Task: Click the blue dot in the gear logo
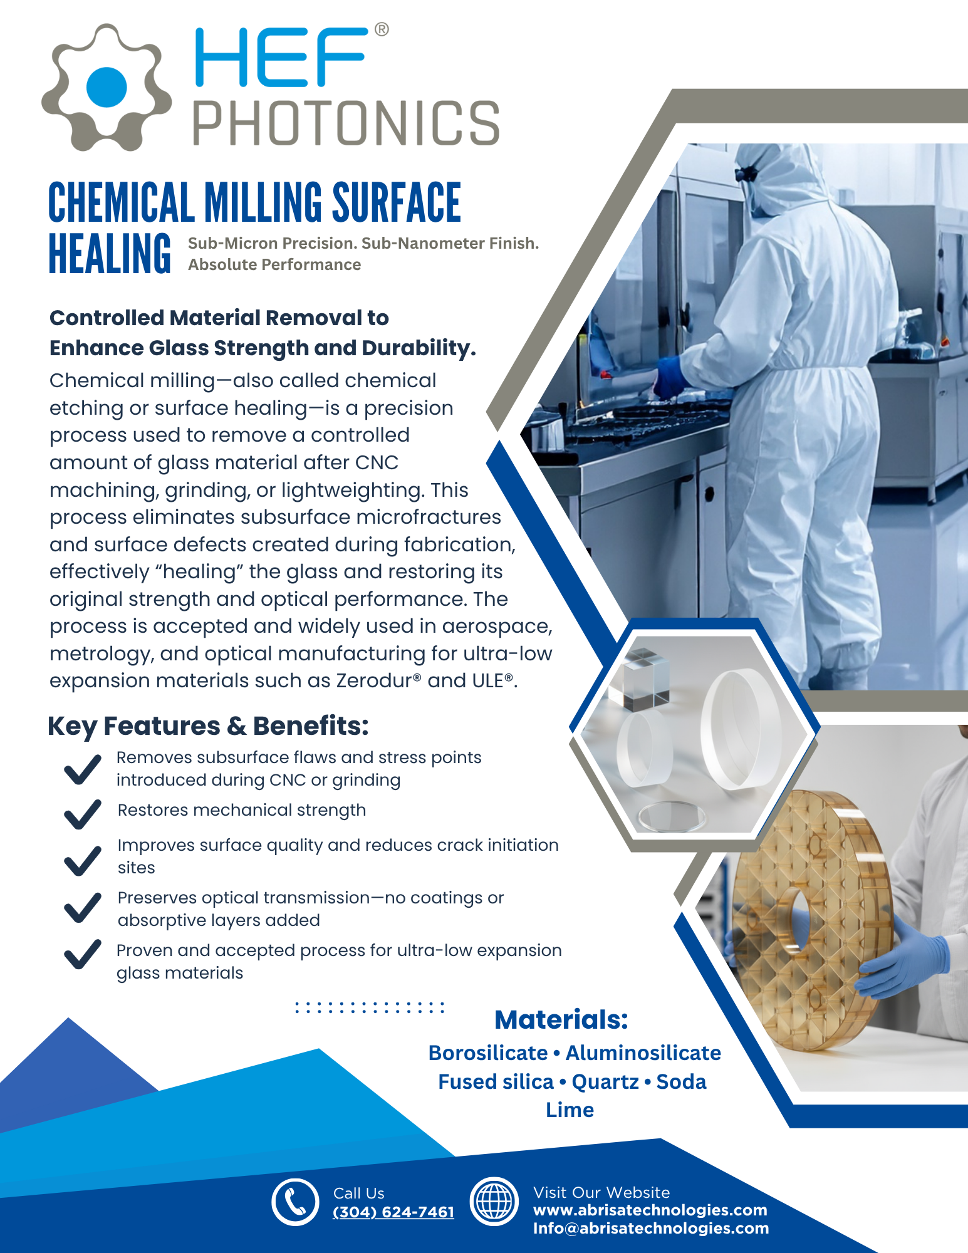(107, 87)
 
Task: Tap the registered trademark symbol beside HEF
(381, 29)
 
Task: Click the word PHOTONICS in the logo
(346, 123)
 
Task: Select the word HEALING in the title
(110, 253)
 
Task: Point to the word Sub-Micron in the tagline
(232, 243)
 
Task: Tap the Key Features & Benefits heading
(208, 726)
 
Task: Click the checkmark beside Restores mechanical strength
(83, 814)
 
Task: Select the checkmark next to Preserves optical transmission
(83, 908)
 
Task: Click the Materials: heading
(561, 1020)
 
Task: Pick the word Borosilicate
(488, 1053)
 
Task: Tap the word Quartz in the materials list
(605, 1082)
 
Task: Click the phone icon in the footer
(295, 1202)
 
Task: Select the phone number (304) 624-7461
(393, 1212)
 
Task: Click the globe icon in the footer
(494, 1202)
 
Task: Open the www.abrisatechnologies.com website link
(650, 1210)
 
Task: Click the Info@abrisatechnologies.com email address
(651, 1229)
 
